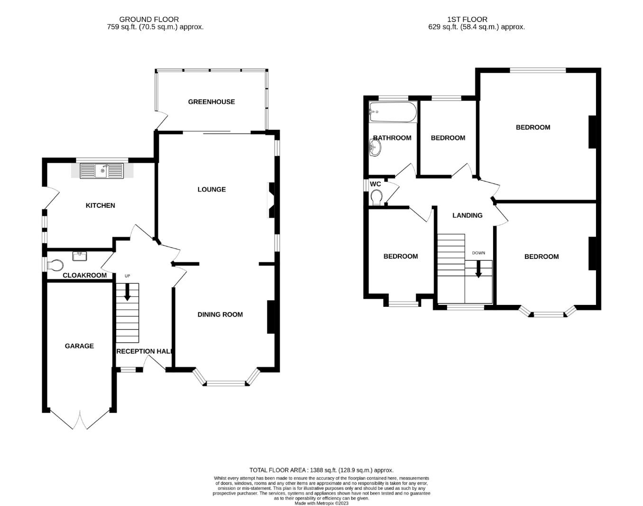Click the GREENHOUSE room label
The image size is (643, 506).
[211, 101]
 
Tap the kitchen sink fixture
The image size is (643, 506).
[101, 170]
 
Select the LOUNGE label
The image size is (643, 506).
[211, 189]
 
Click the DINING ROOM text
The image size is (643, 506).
[220, 314]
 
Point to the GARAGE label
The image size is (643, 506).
[79, 346]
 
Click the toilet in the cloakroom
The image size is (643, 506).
[55, 264]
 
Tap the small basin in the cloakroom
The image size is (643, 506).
[79, 256]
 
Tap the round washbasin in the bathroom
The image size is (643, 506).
[375, 149]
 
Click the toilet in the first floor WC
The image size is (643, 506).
[377, 196]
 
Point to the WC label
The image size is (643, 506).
[375, 184]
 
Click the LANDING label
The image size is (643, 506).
[467, 215]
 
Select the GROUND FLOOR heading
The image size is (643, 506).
[149, 19]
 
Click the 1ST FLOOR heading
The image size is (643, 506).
[467, 19]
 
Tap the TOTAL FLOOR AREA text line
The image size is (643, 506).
[321, 470]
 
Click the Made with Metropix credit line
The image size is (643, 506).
[321, 503]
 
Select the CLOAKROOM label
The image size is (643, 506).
[85, 275]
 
